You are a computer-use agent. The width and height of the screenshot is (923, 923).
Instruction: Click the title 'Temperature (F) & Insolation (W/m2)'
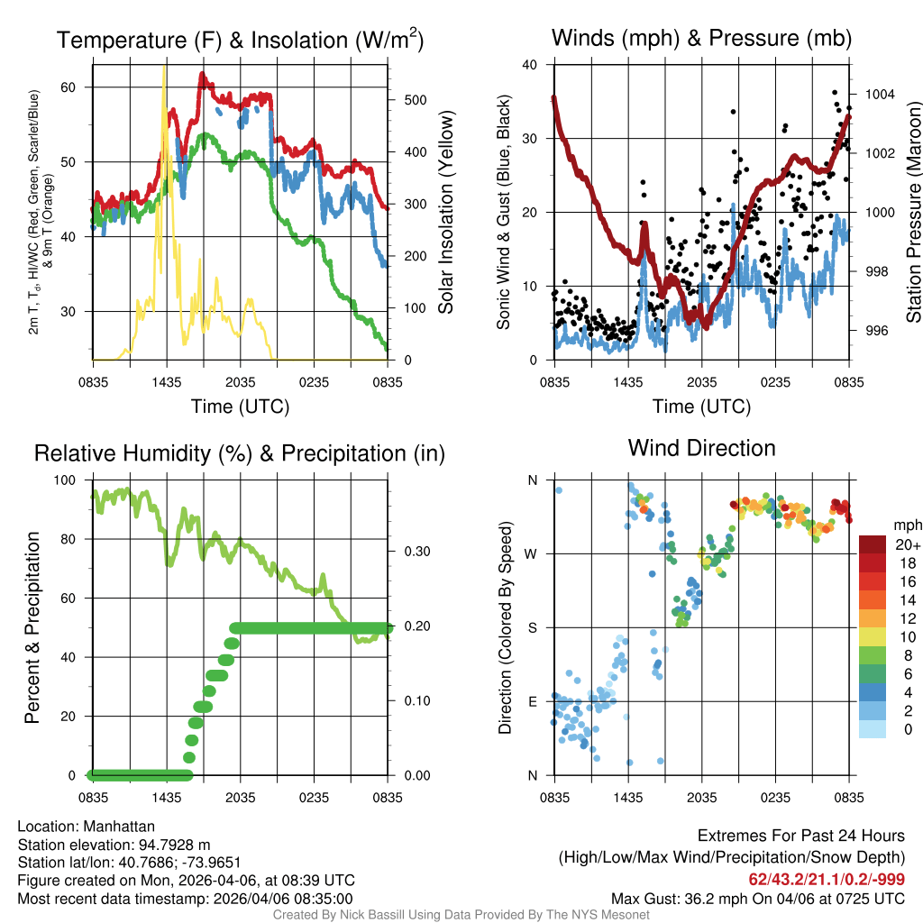coord(240,41)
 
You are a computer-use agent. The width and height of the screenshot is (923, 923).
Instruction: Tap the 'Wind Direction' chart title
coord(701,448)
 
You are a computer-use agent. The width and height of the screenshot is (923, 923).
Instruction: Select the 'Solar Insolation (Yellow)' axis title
coord(446,213)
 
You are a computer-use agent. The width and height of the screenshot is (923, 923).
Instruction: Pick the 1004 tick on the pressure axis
coord(878,94)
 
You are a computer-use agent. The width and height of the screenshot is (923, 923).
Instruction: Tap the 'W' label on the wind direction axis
coord(532,553)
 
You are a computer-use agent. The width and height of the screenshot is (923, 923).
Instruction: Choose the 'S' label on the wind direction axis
coord(533,627)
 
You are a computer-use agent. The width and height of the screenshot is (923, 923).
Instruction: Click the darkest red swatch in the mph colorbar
coord(872,544)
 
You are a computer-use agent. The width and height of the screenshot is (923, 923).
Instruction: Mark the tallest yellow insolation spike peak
coord(164,68)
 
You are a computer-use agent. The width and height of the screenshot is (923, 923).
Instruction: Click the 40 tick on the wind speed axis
coord(530,65)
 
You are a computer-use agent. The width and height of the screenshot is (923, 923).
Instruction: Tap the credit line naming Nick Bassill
coord(461,915)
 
